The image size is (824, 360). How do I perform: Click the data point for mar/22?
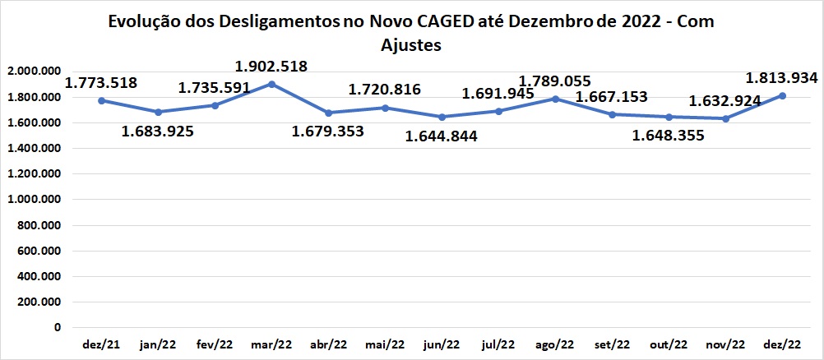tap(271, 84)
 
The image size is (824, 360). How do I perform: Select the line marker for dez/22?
tap(783, 95)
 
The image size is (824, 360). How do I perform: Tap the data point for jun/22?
tap(442, 117)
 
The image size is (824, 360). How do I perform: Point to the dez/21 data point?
tap(101, 100)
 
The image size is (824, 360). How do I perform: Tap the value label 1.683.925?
tap(158, 131)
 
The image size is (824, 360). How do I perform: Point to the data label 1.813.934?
tap(780, 78)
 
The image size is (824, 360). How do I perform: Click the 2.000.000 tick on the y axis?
tap(33, 72)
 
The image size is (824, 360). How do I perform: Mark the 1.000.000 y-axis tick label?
tap(33, 200)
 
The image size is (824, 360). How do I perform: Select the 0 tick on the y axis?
tap(57, 327)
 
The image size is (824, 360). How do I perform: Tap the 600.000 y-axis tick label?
tap(38, 251)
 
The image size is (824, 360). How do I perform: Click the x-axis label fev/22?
tap(214, 344)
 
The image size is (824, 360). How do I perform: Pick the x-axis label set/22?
tap(612, 344)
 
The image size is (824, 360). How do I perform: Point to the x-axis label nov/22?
tap(725, 344)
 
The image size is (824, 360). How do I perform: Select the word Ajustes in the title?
tap(411, 46)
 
